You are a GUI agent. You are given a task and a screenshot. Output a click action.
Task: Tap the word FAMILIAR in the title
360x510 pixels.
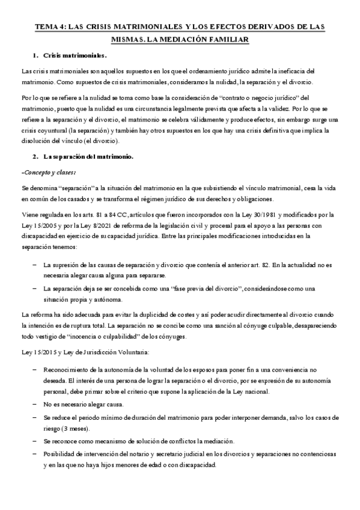coord(231,39)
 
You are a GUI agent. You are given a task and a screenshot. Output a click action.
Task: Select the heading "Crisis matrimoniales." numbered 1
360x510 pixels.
coord(75,56)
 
